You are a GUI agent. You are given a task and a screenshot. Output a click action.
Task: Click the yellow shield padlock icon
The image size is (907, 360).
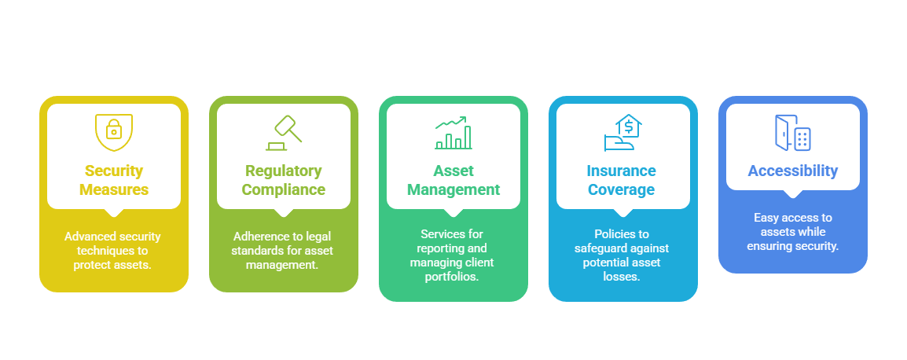[x=114, y=132]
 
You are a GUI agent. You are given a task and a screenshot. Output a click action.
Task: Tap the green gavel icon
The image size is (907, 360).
[x=284, y=132]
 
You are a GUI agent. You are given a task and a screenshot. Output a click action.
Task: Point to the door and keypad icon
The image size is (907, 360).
[x=792, y=132]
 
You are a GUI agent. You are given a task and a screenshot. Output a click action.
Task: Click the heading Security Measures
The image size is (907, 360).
[x=114, y=180]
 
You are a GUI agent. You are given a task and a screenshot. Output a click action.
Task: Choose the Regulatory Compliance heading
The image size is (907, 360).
[x=284, y=180]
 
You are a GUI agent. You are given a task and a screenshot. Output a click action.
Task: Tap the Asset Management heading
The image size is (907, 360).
[x=453, y=180]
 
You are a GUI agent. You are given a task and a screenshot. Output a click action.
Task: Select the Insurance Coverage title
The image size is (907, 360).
[x=621, y=180]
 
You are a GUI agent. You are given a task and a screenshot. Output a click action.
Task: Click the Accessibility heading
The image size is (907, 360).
[x=792, y=171]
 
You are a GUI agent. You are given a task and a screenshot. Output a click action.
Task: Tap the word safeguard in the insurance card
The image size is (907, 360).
[x=604, y=248]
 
